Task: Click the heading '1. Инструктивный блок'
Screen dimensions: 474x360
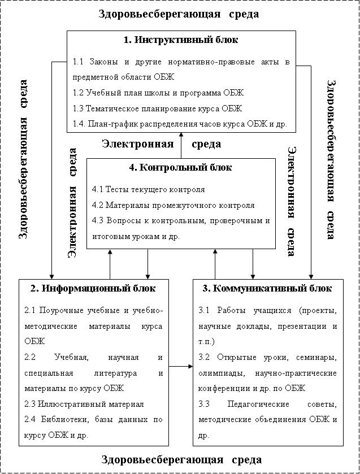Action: click(181, 40)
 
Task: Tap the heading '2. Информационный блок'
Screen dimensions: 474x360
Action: click(93, 288)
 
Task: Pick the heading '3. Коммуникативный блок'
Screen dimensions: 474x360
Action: click(267, 288)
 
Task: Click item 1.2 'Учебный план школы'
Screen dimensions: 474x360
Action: click(158, 92)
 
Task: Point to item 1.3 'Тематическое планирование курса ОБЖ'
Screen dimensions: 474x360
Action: click(157, 108)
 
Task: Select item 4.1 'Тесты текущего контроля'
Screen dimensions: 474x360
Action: click(148, 189)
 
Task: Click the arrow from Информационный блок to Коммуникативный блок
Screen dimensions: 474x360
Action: click(181, 367)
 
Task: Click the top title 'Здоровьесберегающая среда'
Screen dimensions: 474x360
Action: click(179, 14)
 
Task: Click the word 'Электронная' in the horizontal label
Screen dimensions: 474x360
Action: click(137, 144)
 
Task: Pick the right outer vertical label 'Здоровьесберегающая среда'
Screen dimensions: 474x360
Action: click(333, 159)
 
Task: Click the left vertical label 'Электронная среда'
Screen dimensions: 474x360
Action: click(72, 203)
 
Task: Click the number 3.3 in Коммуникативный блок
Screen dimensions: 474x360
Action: click(205, 404)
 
